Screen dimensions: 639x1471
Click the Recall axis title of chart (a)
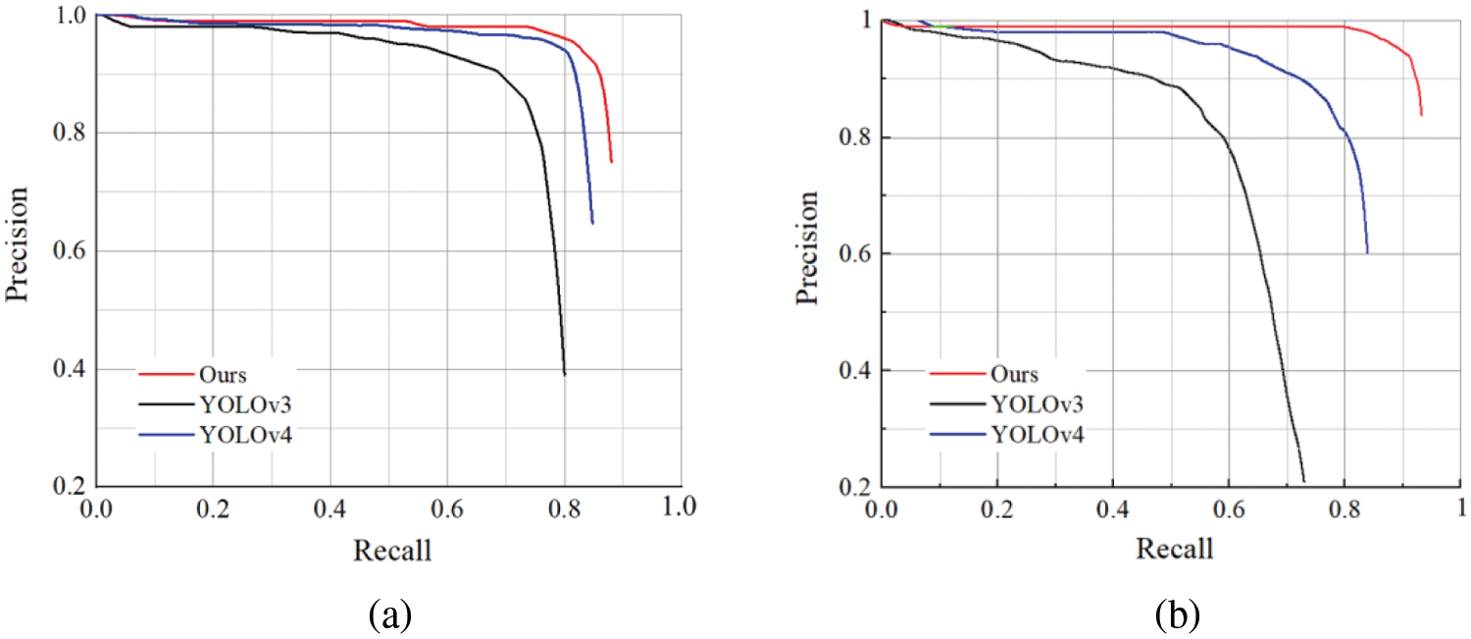coord(391,550)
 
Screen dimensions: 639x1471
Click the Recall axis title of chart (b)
coord(1174,547)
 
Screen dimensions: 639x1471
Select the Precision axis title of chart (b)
coord(810,249)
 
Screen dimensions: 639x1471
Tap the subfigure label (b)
coord(1175,614)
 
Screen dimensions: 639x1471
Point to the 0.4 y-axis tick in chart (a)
coord(63,370)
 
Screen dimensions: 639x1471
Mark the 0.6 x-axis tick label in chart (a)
coord(448,507)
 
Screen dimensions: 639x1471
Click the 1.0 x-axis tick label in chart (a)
coord(679,507)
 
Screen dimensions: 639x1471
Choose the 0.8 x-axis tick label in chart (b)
coord(1343,510)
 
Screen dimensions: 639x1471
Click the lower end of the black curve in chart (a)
coord(565,375)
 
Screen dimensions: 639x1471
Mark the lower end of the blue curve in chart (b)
coord(1367,253)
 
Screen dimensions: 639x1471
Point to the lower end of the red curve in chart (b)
coord(1421,115)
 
